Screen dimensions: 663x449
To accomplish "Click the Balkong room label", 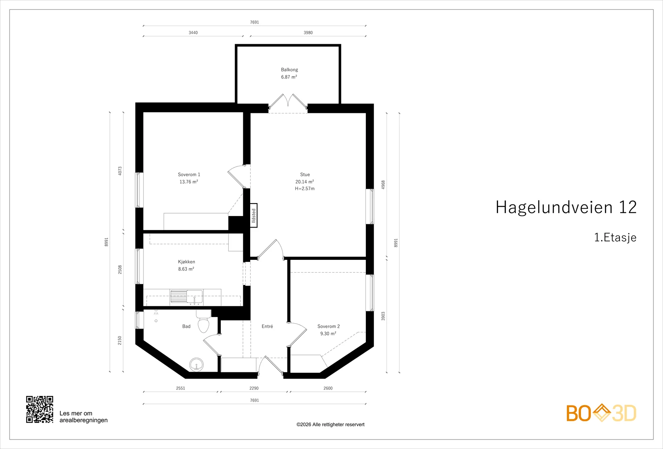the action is pos(289,70).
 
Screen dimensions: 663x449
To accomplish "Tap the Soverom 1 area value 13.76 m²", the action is pos(189,182).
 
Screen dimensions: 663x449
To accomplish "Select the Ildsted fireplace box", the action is pos(254,216).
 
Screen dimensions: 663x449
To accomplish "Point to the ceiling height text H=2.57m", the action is pos(305,189).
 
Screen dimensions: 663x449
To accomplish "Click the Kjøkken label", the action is pos(186,262).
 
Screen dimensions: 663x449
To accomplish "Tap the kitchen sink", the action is pos(186,297).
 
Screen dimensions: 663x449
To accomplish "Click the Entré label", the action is pos(267,327).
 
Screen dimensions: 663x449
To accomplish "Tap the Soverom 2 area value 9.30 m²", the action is pos(328,334).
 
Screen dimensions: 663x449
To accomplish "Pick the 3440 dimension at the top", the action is pos(193,33).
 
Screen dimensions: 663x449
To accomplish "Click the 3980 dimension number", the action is pos(308,33).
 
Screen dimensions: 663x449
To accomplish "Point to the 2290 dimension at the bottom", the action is pos(254,388).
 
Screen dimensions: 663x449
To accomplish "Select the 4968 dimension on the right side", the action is pos(383,185).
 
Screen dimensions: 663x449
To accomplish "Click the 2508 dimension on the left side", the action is pos(120,269).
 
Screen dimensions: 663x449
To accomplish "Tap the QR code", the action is pos(40,409).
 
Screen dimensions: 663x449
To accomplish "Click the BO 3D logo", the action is pos(601,413).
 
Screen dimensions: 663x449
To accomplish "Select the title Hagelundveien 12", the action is pos(566,207).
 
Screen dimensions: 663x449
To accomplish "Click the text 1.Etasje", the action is pos(615,238).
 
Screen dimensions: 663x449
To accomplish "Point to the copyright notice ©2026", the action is pos(330,425).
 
